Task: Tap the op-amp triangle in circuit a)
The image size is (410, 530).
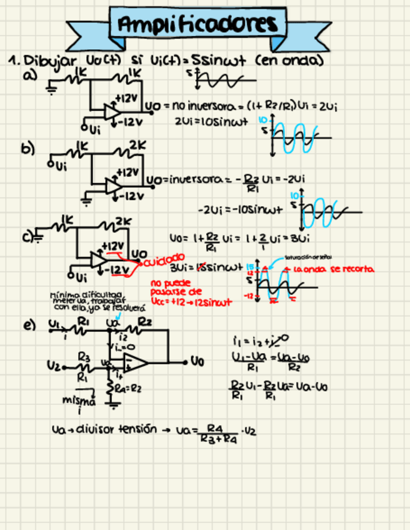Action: point(112,112)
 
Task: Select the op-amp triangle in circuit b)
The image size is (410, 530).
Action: point(113,185)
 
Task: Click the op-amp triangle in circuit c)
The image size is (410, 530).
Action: point(97,259)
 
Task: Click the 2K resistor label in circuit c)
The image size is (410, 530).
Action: point(123,222)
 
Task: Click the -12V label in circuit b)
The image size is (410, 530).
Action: point(131,196)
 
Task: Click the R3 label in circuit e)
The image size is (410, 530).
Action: point(83,356)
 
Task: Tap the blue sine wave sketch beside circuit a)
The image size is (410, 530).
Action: point(291,134)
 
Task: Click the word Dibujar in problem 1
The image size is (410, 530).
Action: point(50,61)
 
